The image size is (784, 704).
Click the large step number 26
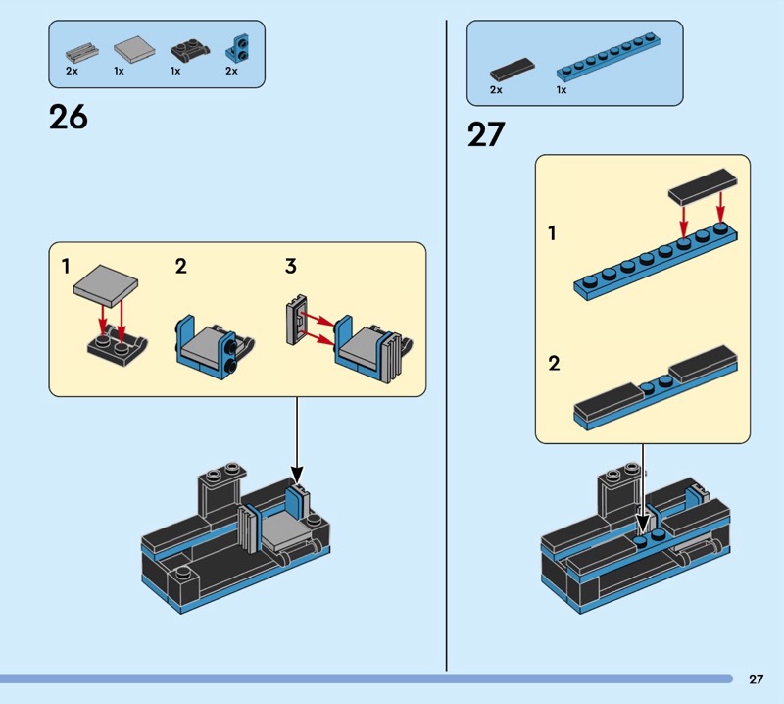tap(68, 118)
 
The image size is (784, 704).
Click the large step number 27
tap(485, 133)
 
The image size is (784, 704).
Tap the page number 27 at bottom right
tap(756, 679)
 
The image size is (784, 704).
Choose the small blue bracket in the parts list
tap(235, 46)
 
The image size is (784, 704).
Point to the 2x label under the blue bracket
tap(231, 72)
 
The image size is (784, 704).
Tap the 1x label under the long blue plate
tap(562, 90)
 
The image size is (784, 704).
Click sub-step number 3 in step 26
tap(291, 266)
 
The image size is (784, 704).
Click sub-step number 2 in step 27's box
tap(555, 364)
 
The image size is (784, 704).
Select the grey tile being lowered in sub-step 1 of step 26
tap(105, 285)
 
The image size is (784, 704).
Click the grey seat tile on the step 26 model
tap(280, 530)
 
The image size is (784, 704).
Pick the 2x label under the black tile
tap(496, 90)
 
